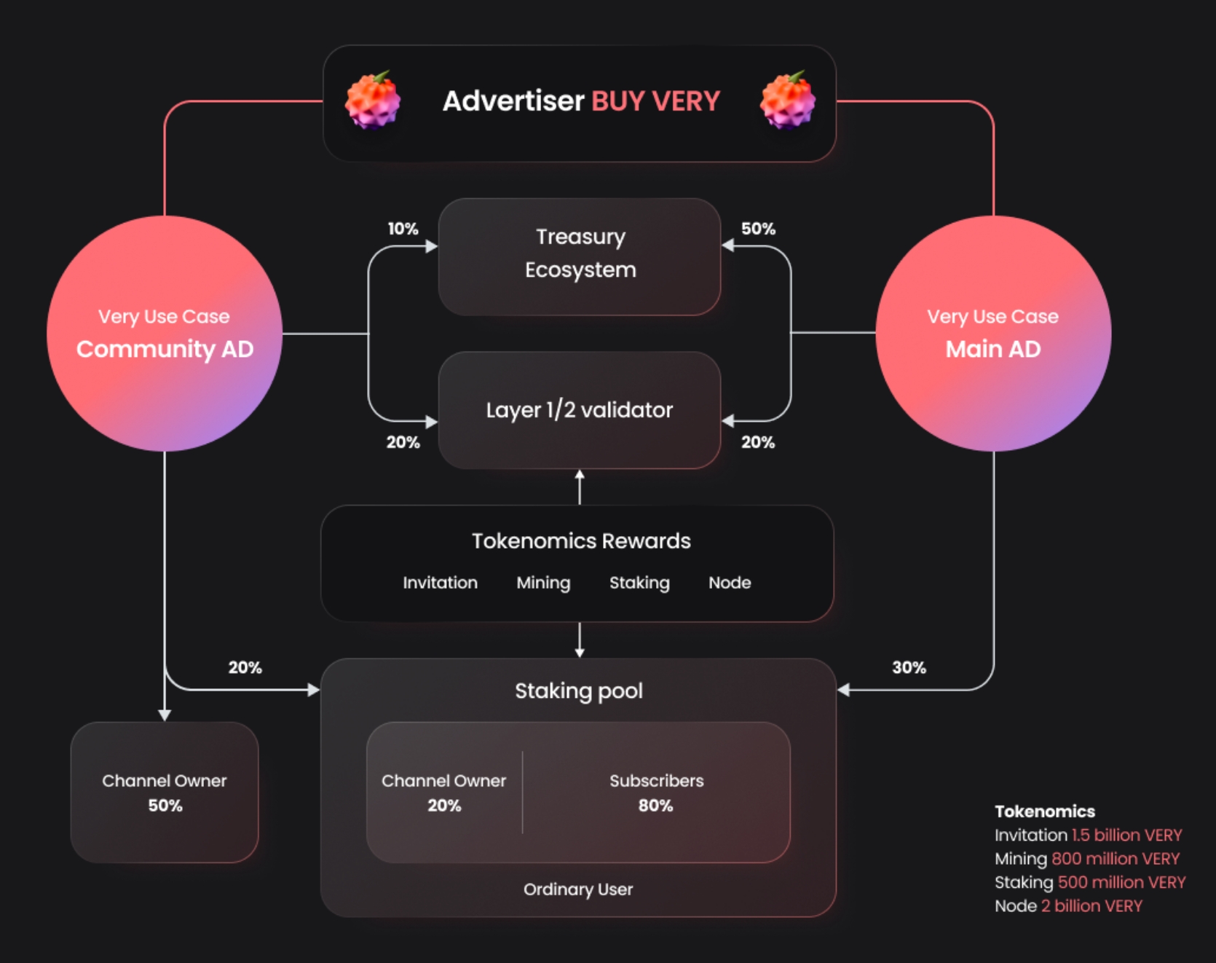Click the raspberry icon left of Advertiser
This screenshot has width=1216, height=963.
tap(372, 101)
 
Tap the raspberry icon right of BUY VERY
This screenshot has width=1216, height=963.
tap(787, 101)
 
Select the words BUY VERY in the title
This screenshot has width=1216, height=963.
tap(655, 101)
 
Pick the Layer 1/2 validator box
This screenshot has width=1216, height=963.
tap(580, 410)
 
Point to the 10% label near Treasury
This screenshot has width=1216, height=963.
tap(403, 229)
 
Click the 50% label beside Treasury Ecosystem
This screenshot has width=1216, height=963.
tap(758, 229)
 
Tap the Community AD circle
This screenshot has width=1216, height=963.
tap(165, 334)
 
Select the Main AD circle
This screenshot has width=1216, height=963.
tap(993, 334)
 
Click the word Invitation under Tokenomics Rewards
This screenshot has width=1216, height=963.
tap(440, 583)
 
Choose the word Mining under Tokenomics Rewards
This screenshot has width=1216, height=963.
tap(543, 583)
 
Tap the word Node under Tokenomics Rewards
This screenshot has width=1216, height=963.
tap(730, 583)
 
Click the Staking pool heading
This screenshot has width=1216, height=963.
tap(579, 691)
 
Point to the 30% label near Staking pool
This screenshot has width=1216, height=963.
tap(909, 667)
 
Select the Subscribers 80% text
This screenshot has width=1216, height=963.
tap(656, 793)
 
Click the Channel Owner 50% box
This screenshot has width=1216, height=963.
tap(165, 793)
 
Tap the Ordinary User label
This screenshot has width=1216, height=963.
tap(578, 889)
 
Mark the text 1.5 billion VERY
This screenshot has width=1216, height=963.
tap(1126, 835)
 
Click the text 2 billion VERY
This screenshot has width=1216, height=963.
tap(1091, 906)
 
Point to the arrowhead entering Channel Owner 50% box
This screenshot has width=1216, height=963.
tap(165, 715)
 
